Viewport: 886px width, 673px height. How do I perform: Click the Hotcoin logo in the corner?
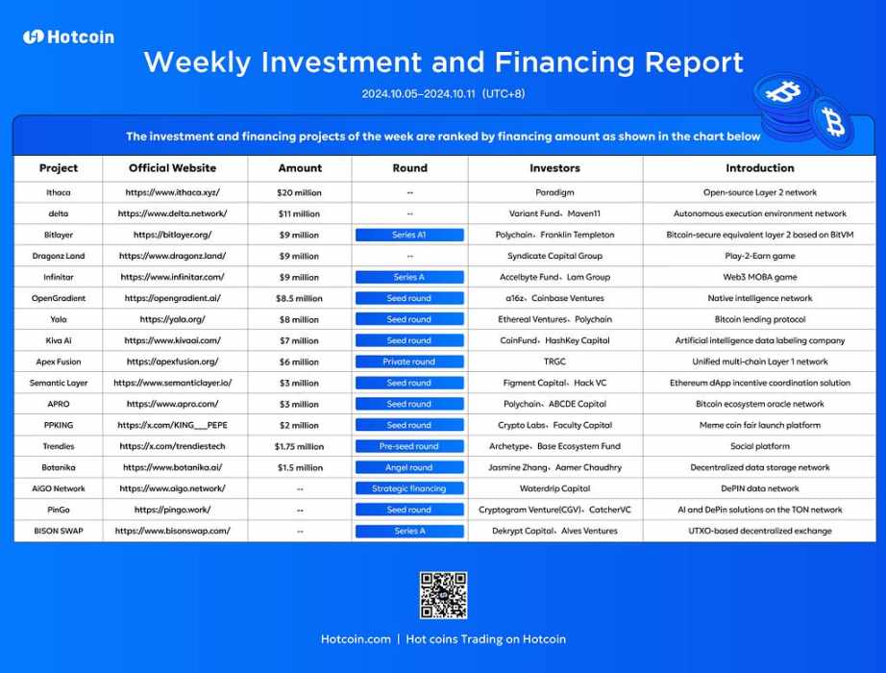(x=68, y=37)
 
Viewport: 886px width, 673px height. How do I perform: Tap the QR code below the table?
(x=443, y=595)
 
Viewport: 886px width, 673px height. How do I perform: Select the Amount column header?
(x=300, y=168)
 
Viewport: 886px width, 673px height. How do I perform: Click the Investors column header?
(x=554, y=168)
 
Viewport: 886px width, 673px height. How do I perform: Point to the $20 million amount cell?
(x=299, y=193)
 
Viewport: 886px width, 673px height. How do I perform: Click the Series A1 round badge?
(x=409, y=235)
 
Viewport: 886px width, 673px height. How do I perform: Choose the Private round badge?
(x=409, y=361)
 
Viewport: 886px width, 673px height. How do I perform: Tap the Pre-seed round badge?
(x=409, y=446)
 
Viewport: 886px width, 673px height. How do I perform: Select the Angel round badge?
(x=409, y=467)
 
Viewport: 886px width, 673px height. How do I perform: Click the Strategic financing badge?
(x=409, y=488)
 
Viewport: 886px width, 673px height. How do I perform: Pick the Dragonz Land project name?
(x=59, y=256)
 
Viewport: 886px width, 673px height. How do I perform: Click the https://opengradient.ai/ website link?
(x=172, y=298)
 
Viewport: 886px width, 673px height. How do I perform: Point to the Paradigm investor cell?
(x=554, y=193)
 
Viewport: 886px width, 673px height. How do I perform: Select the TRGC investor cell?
(x=554, y=361)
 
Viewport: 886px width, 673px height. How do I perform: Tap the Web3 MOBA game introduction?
(x=760, y=277)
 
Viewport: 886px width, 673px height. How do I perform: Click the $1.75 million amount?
(x=299, y=447)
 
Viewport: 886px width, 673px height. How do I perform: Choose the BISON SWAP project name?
(x=59, y=531)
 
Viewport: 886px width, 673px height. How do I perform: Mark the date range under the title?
(x=443, y=94)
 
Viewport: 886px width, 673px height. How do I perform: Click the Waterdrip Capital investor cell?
(x=554, y=488)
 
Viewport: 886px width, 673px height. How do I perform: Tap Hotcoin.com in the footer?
(x=356, y=639)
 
